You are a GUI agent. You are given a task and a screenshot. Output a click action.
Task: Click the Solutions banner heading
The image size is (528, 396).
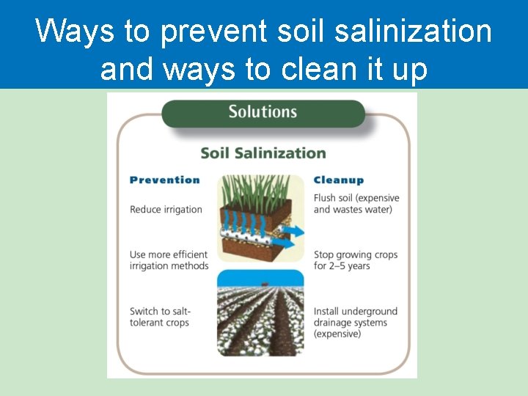263,112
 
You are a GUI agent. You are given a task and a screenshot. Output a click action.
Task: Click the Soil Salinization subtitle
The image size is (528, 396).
263,153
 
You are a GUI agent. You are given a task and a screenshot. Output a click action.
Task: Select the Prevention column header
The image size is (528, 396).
164,180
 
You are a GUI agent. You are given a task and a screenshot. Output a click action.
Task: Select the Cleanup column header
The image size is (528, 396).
338,180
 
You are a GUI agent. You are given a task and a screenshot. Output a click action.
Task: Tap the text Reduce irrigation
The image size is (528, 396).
166,209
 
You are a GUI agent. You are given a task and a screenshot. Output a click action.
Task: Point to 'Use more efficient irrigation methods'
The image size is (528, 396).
169,260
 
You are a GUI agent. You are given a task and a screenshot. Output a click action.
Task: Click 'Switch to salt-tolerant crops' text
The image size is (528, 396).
161,317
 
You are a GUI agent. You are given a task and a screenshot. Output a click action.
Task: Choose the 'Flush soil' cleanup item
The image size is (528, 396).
356,203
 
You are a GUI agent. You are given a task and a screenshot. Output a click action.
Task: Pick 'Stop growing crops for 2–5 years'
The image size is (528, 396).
355,260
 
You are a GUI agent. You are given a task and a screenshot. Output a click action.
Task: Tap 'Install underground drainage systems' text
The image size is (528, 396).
355,317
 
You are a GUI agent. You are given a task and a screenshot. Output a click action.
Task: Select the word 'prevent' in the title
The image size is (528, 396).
215,32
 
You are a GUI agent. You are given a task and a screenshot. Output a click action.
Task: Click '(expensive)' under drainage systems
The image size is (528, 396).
337,334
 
